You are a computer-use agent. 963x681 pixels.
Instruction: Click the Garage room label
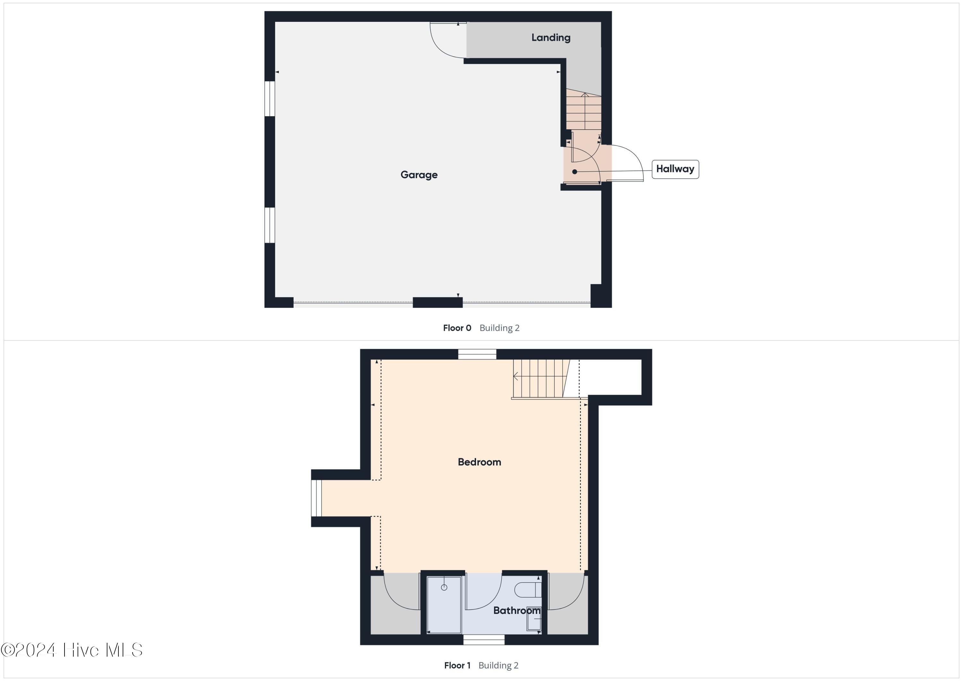point(419,175)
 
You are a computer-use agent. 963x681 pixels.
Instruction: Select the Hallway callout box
point(675,169)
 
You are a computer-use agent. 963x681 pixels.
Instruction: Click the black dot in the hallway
point(575,171)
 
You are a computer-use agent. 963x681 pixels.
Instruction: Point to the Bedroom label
point(479,462)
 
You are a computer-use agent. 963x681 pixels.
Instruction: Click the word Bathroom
point(516,610)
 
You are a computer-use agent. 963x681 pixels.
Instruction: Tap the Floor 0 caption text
point(457,328)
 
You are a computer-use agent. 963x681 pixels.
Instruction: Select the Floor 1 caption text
point(457,666)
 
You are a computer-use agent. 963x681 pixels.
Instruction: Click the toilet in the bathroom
point(527,590)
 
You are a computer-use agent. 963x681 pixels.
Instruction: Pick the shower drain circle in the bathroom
point(444,588)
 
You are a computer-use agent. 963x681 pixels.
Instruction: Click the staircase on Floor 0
point(584,111)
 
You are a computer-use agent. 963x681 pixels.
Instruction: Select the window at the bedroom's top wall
point(477,354)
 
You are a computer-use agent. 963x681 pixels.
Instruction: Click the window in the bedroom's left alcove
point(316,498)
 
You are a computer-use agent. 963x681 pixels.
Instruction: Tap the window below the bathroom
point(484,640)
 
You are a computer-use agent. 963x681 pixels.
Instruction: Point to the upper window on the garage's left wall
point(270,99)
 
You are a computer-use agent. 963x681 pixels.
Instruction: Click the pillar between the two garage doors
point(438,302)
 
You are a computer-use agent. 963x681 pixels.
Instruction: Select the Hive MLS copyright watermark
point(72,650)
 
